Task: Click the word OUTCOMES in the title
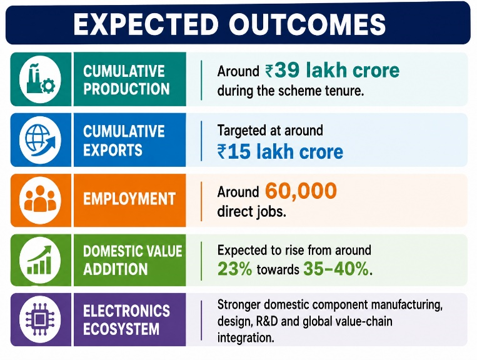coord(308,24)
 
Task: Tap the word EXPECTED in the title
coord(146,24)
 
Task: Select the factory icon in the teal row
coord(40,79)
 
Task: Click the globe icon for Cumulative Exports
coord(41,140)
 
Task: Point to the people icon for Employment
coord(40,199)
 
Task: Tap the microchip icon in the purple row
coord(39,319)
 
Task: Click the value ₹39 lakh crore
coord(332,70)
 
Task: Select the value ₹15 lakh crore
coord(280,151)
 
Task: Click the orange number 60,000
coord(301,191)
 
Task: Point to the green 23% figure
coord(235,269)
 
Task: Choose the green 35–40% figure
coord(336,269)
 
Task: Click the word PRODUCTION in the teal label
coord(126,89)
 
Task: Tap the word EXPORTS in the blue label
coord(113,149)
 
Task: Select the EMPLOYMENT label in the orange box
coord(129,199)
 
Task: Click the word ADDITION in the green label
coord(116,269)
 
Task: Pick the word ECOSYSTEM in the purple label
coord(121,329)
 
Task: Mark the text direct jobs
coord(251,212)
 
